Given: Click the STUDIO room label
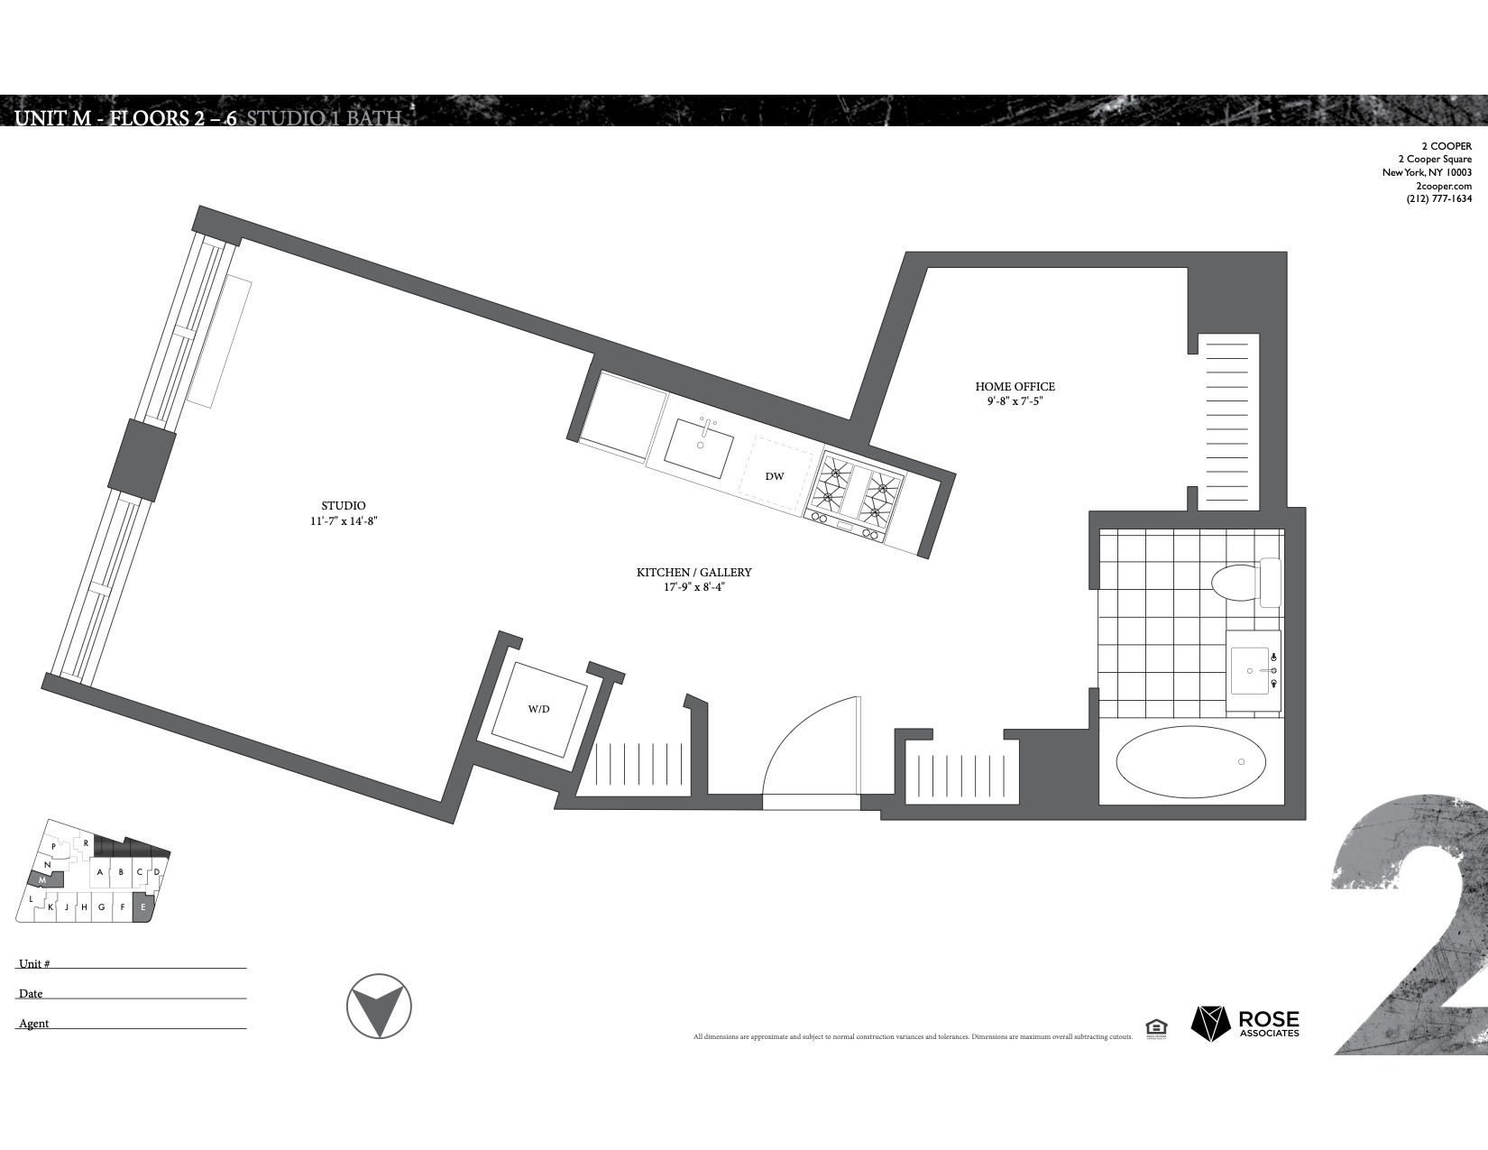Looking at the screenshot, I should (344, 506).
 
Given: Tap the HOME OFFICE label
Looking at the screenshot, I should (1015, 386).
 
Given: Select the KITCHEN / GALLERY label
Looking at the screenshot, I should (693, 573).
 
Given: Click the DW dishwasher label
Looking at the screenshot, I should (774, 476).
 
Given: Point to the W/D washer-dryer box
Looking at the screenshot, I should (539, 709).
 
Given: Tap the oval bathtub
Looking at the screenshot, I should (1190, 763).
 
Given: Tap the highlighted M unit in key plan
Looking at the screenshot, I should (42, 879).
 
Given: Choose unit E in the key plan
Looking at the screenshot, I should (143, 907).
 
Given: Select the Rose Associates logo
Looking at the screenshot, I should (1245, 1023).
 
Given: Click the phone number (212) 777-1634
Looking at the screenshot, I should (1438, 199).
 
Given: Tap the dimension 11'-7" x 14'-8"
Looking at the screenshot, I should (344, 521).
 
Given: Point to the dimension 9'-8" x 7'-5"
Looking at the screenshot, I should (1015, 401).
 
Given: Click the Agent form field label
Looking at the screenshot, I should (34, 1024).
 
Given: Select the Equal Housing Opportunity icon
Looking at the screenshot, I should (1155, 1027).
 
